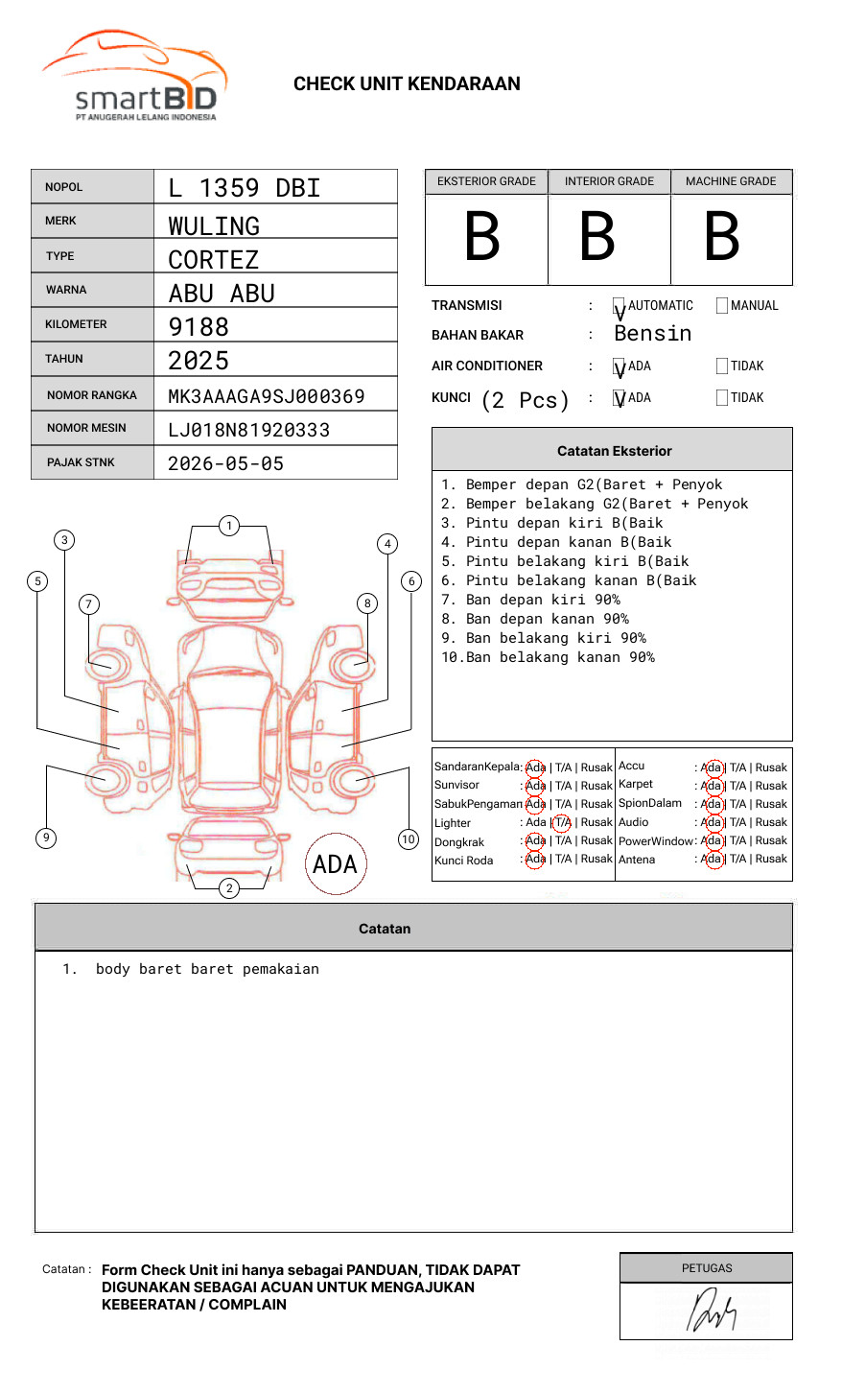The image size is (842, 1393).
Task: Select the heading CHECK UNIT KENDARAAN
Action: click(x=407, y=84)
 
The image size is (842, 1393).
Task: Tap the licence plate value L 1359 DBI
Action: click(x=245, y=188)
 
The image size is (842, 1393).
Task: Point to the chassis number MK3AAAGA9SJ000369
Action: click(x=267, y=396)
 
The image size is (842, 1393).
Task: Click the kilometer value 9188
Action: click(x=199, y=327)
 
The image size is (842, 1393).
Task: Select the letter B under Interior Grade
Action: click(x=597, y=237)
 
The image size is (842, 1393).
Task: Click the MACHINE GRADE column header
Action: click(x=731, y=181)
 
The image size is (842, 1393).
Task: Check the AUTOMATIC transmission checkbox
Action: click(x=619, y=306)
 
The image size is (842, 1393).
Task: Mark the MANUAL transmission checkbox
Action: click(x=722, y=306)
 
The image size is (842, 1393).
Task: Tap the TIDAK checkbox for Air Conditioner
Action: click(x=722, y=366)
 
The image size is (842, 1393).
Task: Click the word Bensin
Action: click(x=652, y=334)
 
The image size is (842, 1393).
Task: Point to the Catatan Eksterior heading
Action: click(x=614, y=451)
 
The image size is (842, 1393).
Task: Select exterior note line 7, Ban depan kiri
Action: click(x=530, y=600)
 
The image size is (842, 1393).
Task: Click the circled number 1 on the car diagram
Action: click(x=228, y=526)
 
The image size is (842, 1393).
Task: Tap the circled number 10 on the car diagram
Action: click(x=409, y=839)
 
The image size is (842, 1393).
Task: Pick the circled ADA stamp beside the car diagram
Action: click(x=335, y=864)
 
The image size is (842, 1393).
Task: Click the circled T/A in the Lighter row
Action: click(x=562, y=822)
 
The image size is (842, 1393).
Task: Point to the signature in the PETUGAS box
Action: click(x=710, y=1311)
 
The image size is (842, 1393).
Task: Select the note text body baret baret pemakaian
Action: click(x=207, y=969)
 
